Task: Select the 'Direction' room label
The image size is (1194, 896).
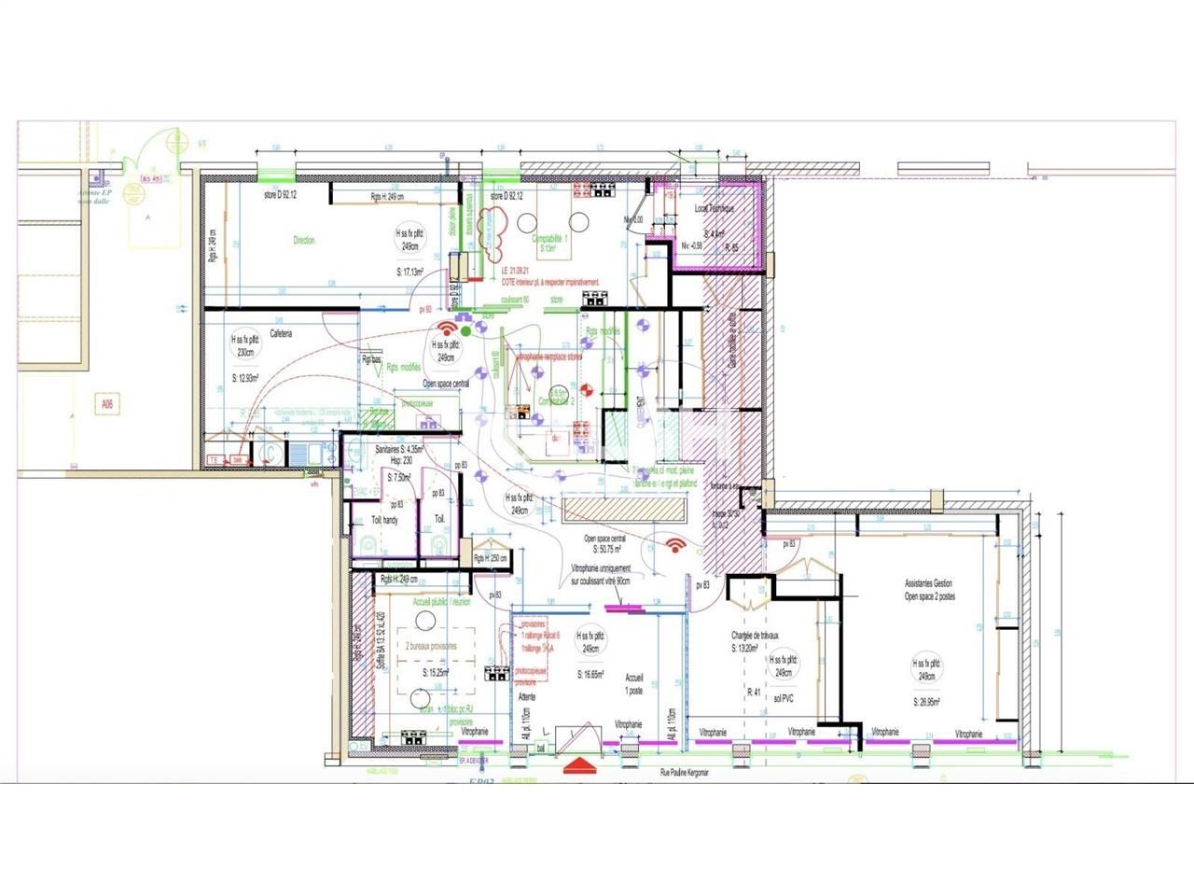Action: [x=304, y=241]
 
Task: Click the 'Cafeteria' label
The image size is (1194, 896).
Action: [x=281, y=333]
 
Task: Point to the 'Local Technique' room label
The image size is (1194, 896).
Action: [x=715, y=209]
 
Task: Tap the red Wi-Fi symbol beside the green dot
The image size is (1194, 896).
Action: [x=447, y=329]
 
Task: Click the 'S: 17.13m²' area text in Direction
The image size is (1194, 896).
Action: [x=410, y=273]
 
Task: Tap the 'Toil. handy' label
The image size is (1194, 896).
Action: [x=383, y=520]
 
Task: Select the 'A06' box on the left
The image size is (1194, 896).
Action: [x=109, y=405]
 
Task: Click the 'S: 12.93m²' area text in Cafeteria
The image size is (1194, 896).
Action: [x=246, y=379]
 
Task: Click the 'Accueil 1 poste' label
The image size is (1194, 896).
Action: [x=634, y=684]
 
